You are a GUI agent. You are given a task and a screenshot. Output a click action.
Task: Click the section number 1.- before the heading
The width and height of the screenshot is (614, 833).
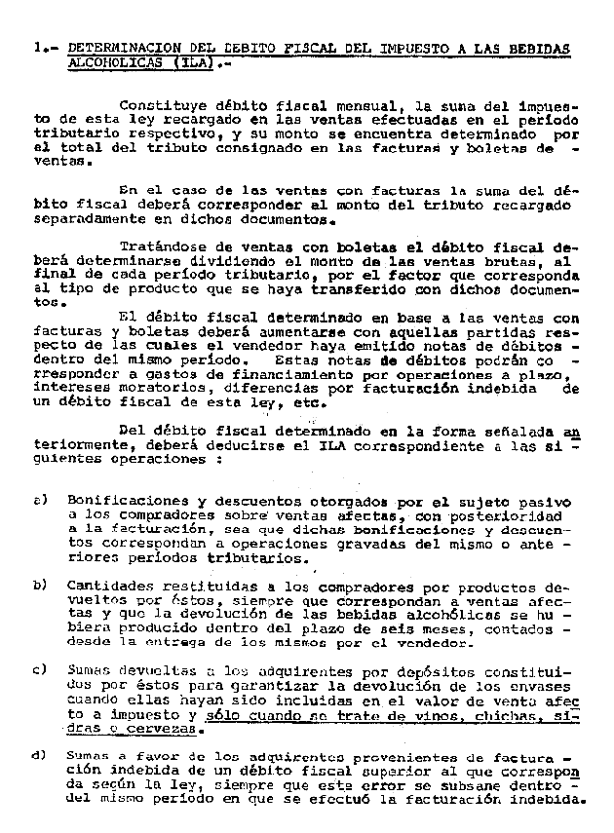[42, 47]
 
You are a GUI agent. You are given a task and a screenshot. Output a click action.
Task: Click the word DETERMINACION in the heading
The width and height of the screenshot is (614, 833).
[120, 47]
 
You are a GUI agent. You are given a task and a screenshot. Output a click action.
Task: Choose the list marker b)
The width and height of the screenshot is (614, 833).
[41, 584]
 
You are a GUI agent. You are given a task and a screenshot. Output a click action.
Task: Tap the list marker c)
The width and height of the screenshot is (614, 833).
[41, 669]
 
